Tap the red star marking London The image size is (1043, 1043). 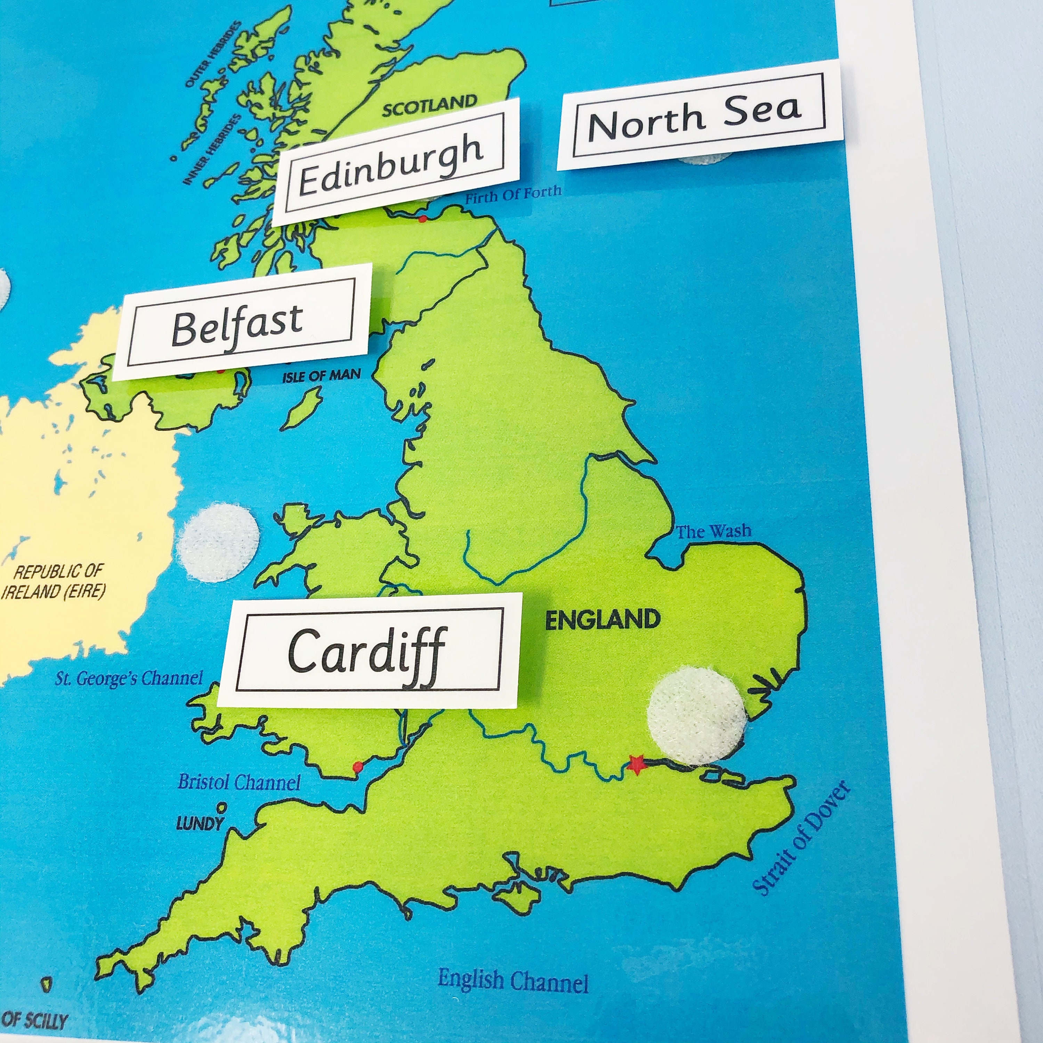click(x=637, y=765)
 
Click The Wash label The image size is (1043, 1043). click(x=714, y=532)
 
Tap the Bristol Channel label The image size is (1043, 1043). click(x=239, y=782)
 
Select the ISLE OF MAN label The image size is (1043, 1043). click(x=321, y=376)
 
